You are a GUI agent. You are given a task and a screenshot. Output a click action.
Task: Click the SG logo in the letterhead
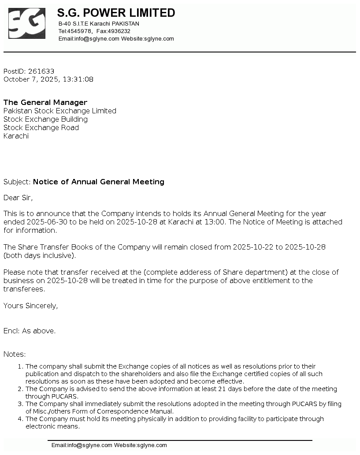pyautogui.click(x=26, y=23)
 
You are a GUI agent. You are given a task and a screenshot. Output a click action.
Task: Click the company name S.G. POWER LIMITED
pyautogui.click(x=116, y=13)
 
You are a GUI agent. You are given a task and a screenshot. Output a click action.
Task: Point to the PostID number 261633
pyautogui.click(x=41, y=71)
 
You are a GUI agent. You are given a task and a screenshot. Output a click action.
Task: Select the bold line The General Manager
pyautogui.click(x=45, y=102)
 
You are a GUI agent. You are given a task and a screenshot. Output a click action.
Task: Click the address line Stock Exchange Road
pyautogui.click(x=41, y=127)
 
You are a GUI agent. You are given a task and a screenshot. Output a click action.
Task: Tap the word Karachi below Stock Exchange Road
pyautogui.click(x=16, y=136)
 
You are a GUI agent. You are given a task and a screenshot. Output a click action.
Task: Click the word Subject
pyautogui.click(x=16, y=182)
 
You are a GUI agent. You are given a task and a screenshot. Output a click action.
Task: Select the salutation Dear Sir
pyautogui.click(x=18, y=198)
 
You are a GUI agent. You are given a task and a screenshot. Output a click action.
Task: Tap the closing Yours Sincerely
pyautogui.click(x=30, y=306)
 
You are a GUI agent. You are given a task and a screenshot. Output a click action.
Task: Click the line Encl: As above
pyautogui.click(x=30, y=331)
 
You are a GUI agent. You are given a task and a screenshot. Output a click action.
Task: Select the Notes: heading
pyautogui.click(x=15, y=354)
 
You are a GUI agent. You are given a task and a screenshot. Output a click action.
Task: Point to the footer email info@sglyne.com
pyautogui.click(x=89, y=445)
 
